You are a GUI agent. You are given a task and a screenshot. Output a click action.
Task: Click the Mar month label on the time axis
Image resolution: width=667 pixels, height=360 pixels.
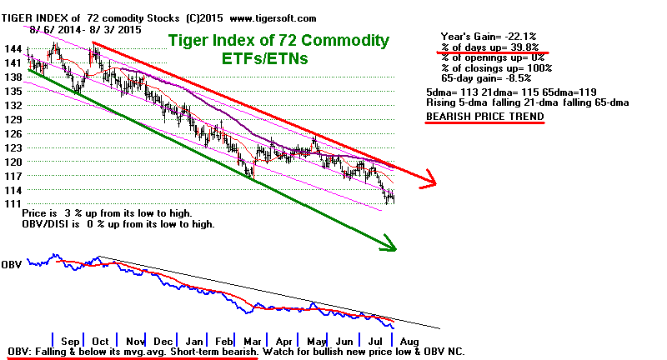click(x=253, y=341)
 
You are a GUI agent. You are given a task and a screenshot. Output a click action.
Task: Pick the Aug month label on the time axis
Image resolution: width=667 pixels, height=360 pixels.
click(x=409, y=341)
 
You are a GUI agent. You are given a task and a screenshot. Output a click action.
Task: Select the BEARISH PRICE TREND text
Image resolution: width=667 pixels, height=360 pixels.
click(x=484, y=116)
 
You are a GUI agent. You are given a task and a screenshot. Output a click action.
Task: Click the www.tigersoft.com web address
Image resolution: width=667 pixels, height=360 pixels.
click(x=268, y=17)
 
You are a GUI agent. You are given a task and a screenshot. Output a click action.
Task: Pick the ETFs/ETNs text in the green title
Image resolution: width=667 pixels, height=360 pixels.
click(x=277, y=59)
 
